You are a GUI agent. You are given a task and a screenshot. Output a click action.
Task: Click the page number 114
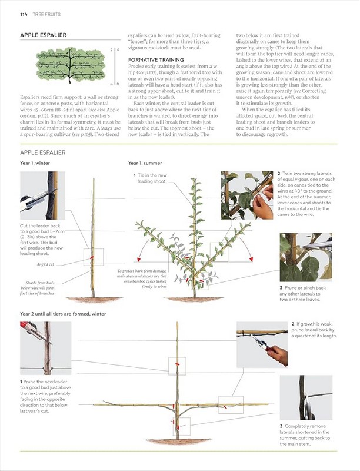point(24,14)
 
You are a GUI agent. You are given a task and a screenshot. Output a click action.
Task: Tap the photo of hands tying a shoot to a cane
point(246,194)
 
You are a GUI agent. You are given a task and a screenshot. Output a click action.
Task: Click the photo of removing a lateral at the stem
point(305,397)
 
